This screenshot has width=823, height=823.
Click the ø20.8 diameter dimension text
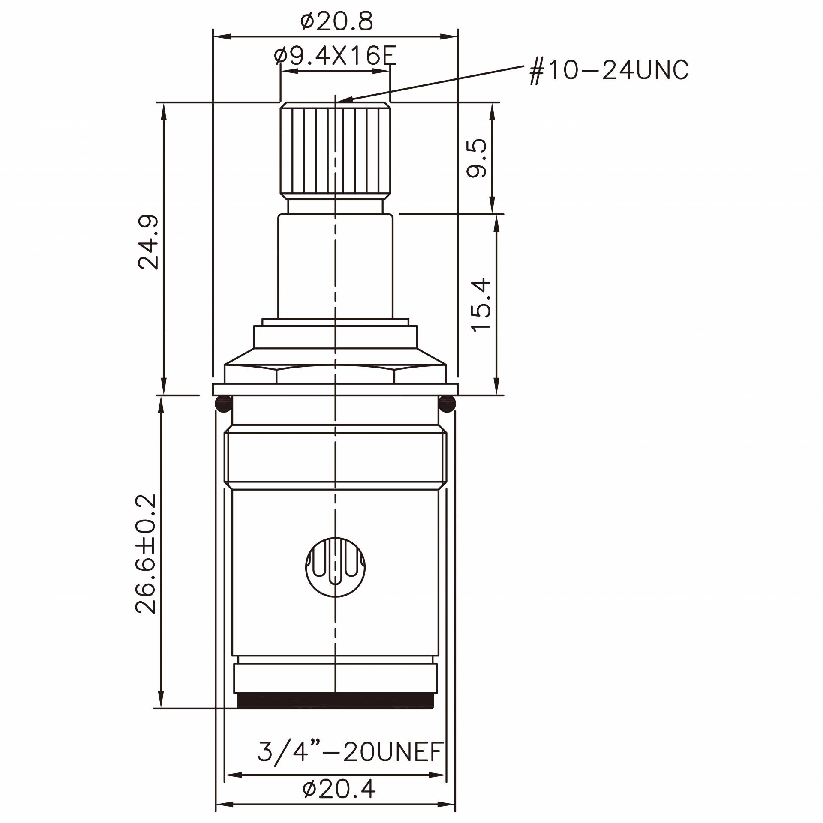coord(336,21)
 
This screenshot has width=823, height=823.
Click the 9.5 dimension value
coord(477,158)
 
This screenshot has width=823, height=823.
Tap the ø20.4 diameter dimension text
coord(339,789)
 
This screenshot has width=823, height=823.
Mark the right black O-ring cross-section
coord(447,404)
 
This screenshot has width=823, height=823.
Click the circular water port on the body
coord(336,566)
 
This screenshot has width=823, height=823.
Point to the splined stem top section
coord(336,150)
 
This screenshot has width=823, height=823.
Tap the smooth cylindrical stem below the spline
coord(336,266)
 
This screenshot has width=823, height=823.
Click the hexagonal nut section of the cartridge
coord(336,374)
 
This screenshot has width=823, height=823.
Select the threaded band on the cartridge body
coord(336,457)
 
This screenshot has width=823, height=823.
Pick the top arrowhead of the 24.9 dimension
coord(163,110)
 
